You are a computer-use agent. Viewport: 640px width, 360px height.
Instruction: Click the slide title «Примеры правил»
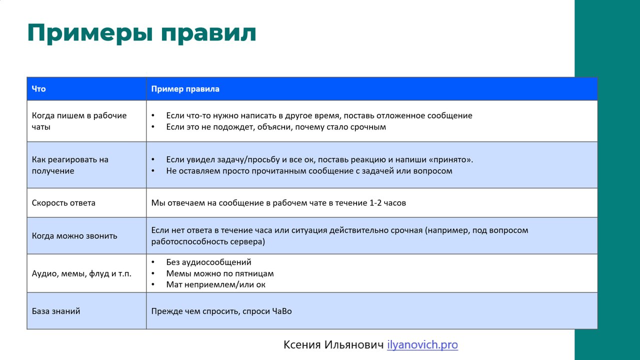pos(141,33)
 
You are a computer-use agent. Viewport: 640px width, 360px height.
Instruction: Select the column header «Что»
pos(38,89)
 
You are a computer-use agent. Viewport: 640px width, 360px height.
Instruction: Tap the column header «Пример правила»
pos(185,89)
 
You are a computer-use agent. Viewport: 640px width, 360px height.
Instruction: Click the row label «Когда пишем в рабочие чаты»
pos(79,121)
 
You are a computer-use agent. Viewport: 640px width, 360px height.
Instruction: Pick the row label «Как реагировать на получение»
pos(70,165)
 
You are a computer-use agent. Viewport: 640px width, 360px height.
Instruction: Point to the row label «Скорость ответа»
pos(63,203)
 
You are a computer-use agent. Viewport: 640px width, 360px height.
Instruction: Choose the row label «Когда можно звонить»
pos(74,235)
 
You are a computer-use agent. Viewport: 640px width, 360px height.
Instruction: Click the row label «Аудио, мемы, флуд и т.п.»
pos(81,273)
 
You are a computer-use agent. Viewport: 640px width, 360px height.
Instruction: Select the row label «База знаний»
pos(56,311)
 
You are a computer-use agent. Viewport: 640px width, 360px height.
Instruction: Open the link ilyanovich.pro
pos(422,344)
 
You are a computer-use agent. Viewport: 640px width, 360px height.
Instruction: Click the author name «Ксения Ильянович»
pos(333,344)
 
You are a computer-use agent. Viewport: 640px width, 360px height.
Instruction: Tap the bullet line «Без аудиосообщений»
pos(208,262)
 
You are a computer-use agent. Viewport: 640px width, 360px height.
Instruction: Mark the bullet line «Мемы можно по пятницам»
pos(220,273)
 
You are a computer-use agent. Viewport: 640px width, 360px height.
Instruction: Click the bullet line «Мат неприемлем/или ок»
pos(215,284)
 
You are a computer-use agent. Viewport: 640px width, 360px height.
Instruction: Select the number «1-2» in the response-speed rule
pos(375,203)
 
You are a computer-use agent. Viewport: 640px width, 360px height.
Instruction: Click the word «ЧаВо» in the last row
pos(282,311)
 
